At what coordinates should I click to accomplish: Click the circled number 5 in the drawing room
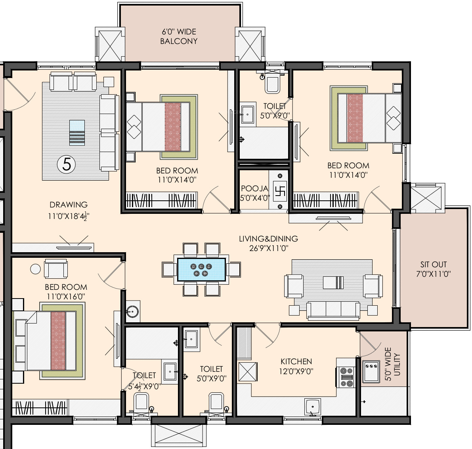[x=67, y=164]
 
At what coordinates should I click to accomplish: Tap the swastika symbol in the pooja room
[x=280, y=191]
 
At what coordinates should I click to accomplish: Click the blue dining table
[x=201, y=269]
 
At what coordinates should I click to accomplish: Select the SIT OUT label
[x=434, y=264]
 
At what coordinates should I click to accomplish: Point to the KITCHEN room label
[x=296, y=361]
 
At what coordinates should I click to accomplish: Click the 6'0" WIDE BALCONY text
[x=179, y=36]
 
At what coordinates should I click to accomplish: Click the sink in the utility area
[x=371, y=371]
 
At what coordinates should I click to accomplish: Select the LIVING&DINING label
[x=269, y=239]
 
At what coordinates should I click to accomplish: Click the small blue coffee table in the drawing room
[x=77, y=133]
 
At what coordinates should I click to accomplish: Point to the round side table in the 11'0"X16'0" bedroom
[x=36, y=269]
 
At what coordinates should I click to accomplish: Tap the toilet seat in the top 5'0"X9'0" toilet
[x=272, y=84]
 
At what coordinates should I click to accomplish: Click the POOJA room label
[x=254, y=188]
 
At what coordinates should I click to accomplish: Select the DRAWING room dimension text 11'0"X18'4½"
[x=69, y=216]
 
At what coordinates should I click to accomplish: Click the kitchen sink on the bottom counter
[x=313, y=407]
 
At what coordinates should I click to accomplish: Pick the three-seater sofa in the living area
[x=333, y=310]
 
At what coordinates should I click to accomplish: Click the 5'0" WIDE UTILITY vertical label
[x=392, y=364]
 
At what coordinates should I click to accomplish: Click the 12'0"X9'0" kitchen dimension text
[x=296, y=371]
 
